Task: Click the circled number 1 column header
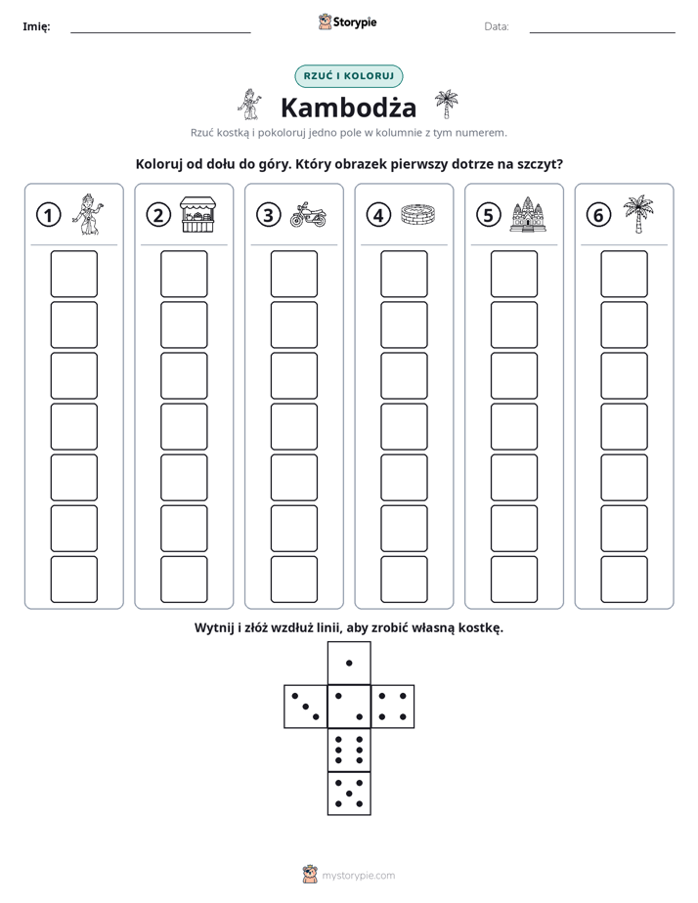(48, 215)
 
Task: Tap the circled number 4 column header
(378, 215)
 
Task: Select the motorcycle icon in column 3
(308, 215)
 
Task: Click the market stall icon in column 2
(197, 214)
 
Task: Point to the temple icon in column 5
(528, 214)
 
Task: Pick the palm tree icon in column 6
(638, 214)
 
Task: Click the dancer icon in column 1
(88, 214)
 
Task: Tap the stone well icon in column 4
(418, 215)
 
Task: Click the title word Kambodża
(348, 107)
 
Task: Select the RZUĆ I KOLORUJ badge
(349, 76)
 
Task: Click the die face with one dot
(349, 663)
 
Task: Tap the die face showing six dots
(349, 750)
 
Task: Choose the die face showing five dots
(349, 793)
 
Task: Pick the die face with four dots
(393, 706)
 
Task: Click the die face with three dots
(306, 706)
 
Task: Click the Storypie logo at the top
(347, 21)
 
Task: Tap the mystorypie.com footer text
(358, 876)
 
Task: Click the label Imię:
(36, 26)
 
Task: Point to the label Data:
(497, 26)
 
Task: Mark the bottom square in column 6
(625, 580)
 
